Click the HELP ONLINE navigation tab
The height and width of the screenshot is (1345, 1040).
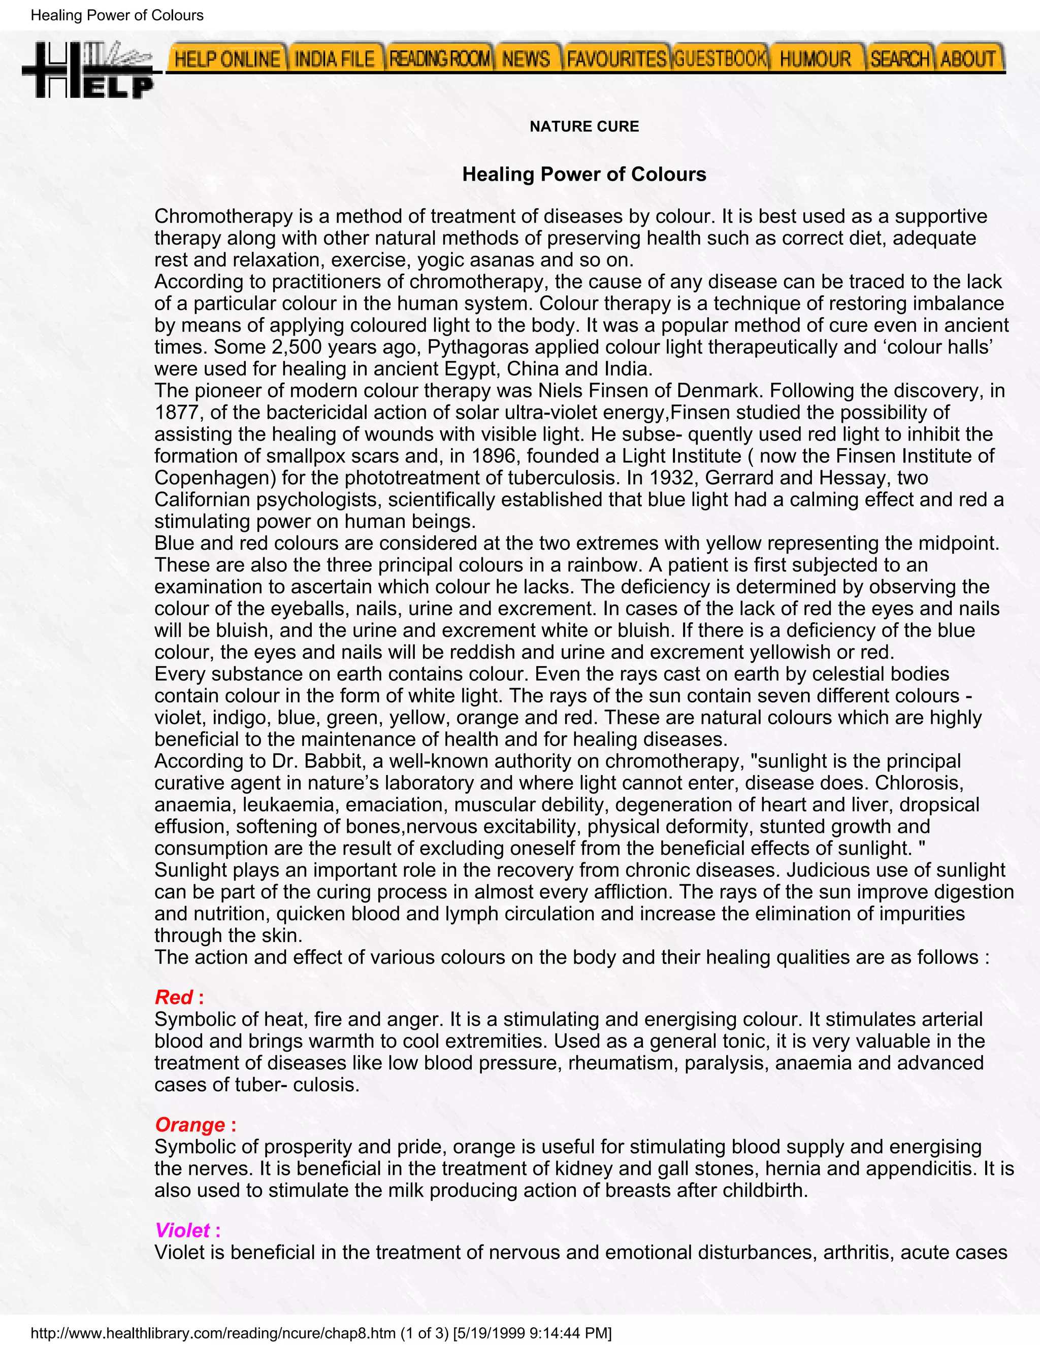[x=226, y=59]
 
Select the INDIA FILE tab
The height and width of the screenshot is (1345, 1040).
[x=335, y=59]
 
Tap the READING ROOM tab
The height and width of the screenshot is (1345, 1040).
[x=439, y=59]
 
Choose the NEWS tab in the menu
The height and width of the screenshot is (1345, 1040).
[x=526, y=59]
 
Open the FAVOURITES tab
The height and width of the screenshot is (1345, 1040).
[x=616, y=59]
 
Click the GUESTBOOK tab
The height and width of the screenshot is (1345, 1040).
[x=720, y=59]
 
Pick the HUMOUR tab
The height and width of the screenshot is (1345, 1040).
[x=815, y=59]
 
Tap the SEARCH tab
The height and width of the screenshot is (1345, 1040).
[x=899, y=59]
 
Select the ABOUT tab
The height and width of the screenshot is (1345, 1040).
[x=968, y=59]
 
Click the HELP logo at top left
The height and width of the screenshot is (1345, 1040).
[x=87, y=70]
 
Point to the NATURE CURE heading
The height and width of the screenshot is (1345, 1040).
[x=584, y=126]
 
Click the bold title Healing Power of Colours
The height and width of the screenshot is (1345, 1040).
[x=584, y=174]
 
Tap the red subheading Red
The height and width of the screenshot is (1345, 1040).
[x=174, y=997]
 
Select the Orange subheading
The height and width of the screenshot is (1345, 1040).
[x=190, y=1125]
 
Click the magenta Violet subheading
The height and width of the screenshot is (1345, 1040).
[x=182, y=1230]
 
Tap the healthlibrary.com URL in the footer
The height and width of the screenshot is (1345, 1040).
[x=213, y=1333]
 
